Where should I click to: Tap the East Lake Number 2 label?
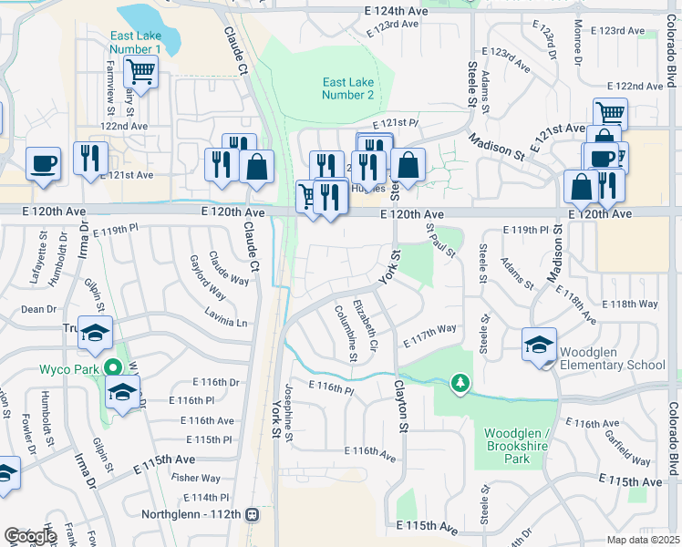tap(348, 88)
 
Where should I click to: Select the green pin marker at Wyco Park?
tap(112, 368)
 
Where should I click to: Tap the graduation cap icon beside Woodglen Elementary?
tap(539, 344)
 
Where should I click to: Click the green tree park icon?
tap(460, 383)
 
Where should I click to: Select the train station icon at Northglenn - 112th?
tap(253, 514)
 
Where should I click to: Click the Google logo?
tap(30, 535)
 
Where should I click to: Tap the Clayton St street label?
tap(398, 407)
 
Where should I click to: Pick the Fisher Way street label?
tap(195, 478)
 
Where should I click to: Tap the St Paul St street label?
tap(440, 243)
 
